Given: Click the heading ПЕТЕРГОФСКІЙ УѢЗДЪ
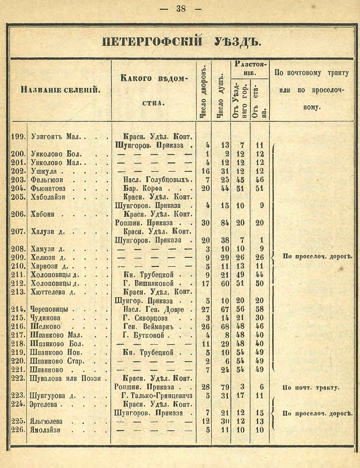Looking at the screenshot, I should (x=182, y=41).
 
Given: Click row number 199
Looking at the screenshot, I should (x=18, y=137).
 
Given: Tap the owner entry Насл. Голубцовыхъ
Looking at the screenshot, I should (x=157, y=179).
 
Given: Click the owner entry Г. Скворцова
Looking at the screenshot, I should (x=148, y=318).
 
